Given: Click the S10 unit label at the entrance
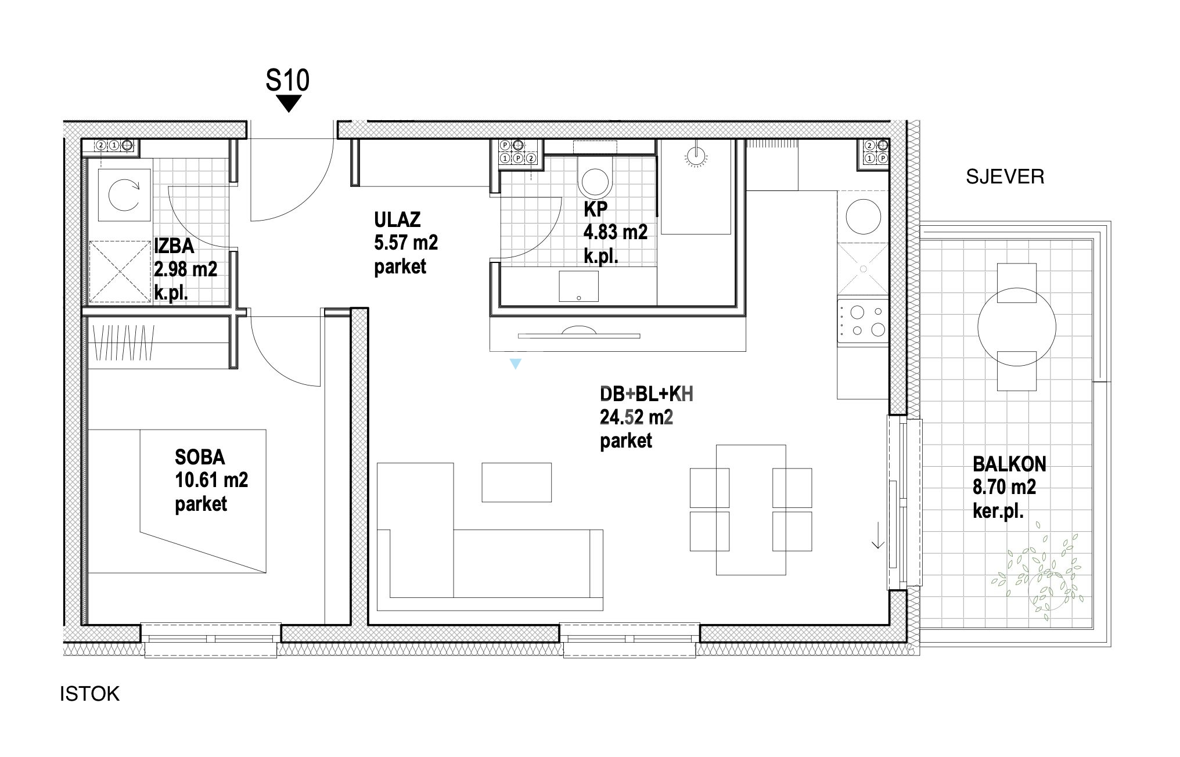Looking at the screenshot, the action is (x=287, y=80).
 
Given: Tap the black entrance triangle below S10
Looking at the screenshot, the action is (x=289, y=104).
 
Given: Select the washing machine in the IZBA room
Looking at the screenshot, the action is (x=125, y=195).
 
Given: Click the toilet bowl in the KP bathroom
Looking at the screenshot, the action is (x=595, y=181).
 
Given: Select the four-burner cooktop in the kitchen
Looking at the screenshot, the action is (x=862, y=321).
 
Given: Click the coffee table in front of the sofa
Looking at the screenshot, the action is (x=516, y=482).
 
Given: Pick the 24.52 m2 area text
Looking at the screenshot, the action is (x=636, y=417).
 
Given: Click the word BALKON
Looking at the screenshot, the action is (x=1009, y=464).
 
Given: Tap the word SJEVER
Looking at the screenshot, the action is (x=1005, y=176).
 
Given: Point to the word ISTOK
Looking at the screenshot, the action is (x=89, y=694).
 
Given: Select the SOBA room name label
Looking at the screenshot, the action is (x=200, y=457).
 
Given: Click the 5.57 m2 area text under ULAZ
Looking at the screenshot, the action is (x=406, y=243).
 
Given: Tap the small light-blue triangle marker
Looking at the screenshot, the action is (x=515, y=364).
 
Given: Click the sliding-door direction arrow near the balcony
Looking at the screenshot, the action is (x=877, y=535).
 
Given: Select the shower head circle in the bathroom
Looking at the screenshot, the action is (x=694, y=154).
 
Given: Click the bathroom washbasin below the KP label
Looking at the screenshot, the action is (x=578, y=287).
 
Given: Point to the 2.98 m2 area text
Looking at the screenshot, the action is (x=186, y=269).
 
